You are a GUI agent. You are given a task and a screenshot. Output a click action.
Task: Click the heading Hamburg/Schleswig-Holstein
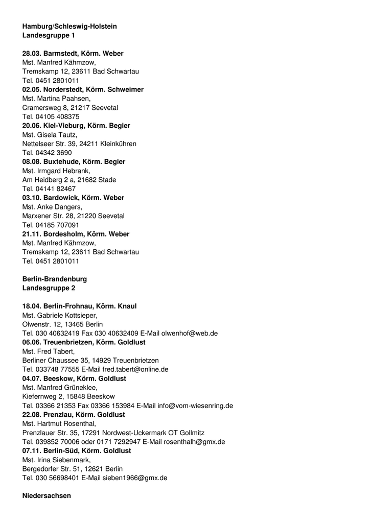point(70,26)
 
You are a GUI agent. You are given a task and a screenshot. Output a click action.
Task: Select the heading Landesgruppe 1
point(49,35)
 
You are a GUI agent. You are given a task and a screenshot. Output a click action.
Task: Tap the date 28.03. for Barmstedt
point(32,53)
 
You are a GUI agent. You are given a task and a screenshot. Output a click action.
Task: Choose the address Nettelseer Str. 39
point(49,144)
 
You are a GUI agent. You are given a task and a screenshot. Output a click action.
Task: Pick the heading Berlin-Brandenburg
point(55,279)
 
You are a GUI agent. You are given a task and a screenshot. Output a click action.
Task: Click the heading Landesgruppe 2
point(49,288)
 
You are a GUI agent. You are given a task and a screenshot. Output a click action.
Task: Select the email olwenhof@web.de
point(190,333)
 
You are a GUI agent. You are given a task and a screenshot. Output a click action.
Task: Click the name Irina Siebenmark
point(63,460)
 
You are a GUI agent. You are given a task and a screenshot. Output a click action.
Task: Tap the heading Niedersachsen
point(47,496)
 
